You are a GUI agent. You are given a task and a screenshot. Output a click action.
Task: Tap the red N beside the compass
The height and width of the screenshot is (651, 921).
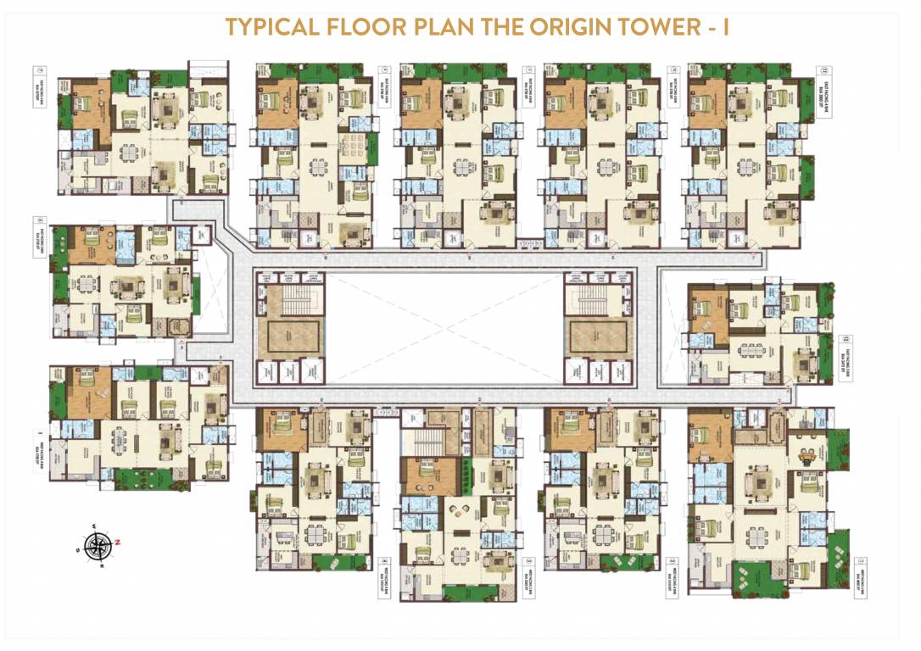point(119,542)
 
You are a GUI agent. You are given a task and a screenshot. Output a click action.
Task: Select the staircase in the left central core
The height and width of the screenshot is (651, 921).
point(290,297)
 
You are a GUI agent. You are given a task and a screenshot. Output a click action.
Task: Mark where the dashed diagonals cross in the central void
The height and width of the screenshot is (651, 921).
point(445,328)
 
